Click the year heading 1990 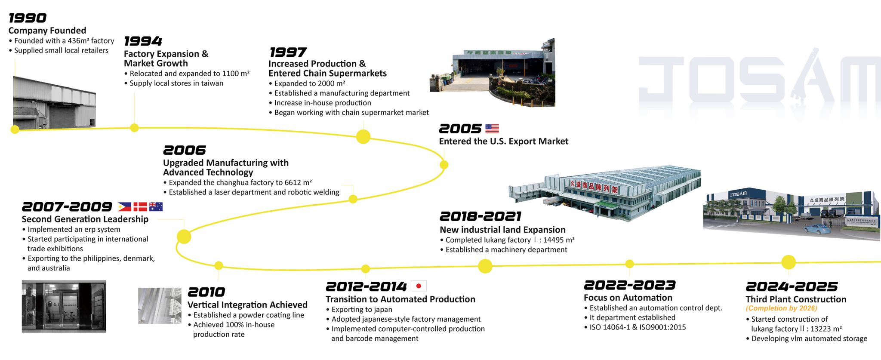click(28, 18)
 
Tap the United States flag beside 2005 click(492, 128)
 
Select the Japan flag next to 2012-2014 click(419, 286)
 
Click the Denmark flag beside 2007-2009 click(140, 207)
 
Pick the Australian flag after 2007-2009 click(156, 207)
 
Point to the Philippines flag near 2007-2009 click(125, 207)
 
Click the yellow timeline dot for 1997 click(363, 137)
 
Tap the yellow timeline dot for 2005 click(444, 165)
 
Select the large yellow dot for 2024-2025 click(789, 262)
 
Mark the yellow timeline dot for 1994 click(134, 128)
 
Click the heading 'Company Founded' click(47, 31)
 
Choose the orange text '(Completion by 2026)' click(781, 308)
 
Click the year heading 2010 click(206, 292)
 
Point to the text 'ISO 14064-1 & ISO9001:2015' click(638, 327)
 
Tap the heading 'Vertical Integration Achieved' click(247, 305)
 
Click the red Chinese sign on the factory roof click(594, 186)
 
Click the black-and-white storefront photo click(64, 306)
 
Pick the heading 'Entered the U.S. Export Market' click(503, 142)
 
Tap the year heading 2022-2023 click(630, 285)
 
